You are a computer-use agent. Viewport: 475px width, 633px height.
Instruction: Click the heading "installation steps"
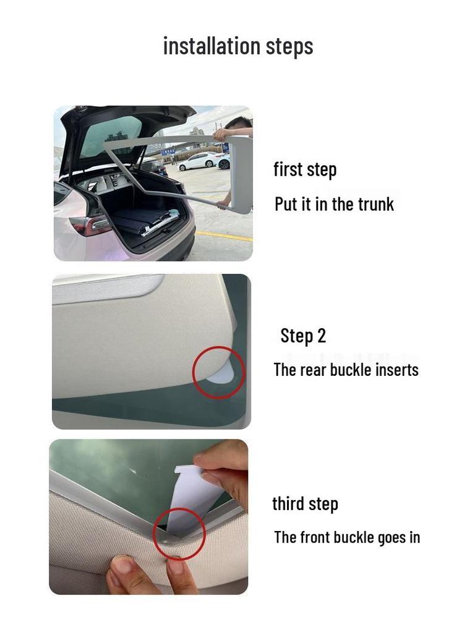click(238, 46)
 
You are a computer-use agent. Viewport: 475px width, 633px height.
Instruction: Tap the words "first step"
click(305, 169)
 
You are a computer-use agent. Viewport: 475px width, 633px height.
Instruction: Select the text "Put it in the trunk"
click(334, 204)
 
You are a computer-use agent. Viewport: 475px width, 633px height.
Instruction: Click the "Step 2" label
click(303, 336)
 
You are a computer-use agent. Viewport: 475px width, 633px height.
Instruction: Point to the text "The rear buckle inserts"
click(346, 370)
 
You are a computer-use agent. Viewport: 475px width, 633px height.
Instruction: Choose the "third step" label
click(305, 504)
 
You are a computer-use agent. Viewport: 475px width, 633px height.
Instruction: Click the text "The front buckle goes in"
click(347, 537)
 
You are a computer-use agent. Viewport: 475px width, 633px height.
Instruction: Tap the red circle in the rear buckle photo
click(218, 372)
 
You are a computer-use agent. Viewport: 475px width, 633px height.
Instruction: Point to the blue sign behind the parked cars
click(168, 151)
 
